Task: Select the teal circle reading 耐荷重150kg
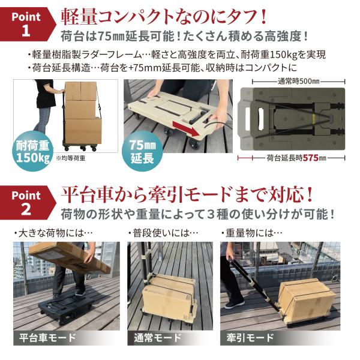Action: [32, 151]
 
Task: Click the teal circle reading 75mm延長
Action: [142, 151]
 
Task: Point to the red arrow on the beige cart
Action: [186, 129]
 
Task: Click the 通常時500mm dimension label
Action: [299, 82]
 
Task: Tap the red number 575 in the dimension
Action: [311, 158]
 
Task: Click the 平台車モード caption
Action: [47, 338]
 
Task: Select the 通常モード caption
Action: [158, 338]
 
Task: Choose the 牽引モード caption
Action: [250, 338]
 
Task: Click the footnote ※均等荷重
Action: [71, 158]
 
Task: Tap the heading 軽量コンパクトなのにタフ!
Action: [164, 17]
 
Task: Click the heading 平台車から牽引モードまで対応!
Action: [187, 195]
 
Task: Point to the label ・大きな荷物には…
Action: [53, 233]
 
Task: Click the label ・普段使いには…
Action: [163, 233]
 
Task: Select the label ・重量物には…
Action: [251, 233]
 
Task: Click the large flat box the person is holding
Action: [69, 257]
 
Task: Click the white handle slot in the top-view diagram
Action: [247, 118]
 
